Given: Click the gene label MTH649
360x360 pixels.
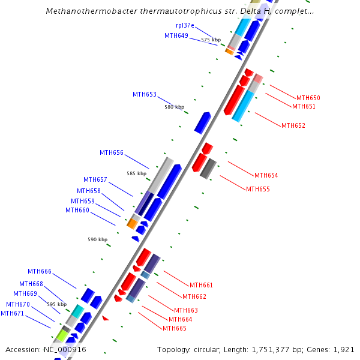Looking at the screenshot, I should pyautogui.click(x=176, y=35).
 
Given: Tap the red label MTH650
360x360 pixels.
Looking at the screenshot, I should pyautogui.click(x=308, y=98).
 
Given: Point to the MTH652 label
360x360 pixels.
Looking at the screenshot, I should pyautogui.click(x=293, y=125).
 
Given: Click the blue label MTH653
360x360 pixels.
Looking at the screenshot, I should pyautogui.click(x=145, y=94).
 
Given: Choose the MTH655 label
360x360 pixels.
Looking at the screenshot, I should pyautogui.click(x=258, y=189).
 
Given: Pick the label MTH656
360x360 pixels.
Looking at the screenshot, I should pyautogui.click(x=112, y=152).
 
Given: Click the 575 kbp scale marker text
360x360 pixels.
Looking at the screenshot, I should pyautogui.click(x=211, y=40).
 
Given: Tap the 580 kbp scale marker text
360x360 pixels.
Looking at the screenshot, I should pyautogui.click(x=174, y=107).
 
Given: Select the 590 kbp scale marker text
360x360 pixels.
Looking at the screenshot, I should pyautogui.click(x=97, y=239).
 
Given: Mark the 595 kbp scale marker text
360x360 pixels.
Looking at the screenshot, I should pyautogui.click(x=56, y=304).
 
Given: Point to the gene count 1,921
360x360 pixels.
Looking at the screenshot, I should pyautogui.click(x=344, y=349).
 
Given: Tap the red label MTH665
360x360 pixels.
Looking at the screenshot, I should pyautogui.click(x=175, y=328).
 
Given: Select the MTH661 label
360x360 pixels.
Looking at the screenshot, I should pyautogui.click(x=202, y=285).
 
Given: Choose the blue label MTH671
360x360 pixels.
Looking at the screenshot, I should pyautogui.click(x=13, y=313).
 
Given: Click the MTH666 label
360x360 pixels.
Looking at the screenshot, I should pyautogui.click(x=40, y=271).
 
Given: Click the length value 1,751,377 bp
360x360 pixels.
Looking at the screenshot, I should pyautogui.click(x=281, y=349).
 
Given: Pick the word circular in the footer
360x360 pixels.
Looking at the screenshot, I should pyautogui.click(x=213, y=349).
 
